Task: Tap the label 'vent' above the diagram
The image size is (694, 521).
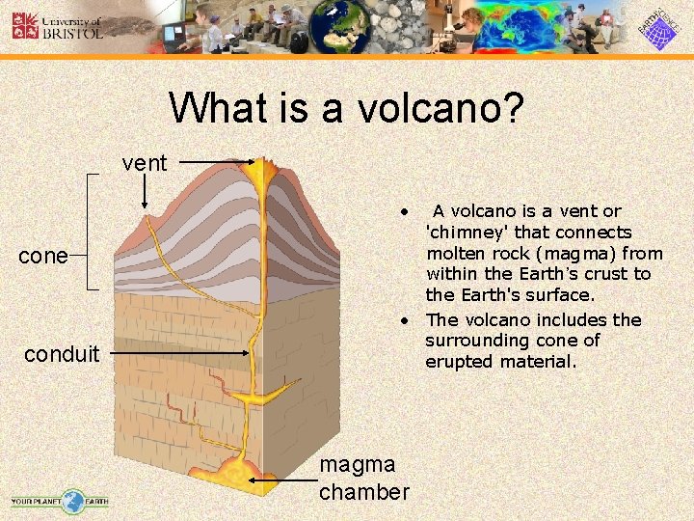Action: point(145,163)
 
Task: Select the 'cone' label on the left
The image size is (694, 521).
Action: point(43,256)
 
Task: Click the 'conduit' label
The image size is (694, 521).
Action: point(62,354)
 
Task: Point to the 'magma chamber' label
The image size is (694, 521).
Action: point(364,479)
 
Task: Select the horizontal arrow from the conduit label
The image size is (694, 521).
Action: point(177,354)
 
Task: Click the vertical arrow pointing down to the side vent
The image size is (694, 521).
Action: point(145,193)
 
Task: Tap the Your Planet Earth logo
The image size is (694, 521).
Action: point(60,501)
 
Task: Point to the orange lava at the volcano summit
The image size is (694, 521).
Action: point(260,174)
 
